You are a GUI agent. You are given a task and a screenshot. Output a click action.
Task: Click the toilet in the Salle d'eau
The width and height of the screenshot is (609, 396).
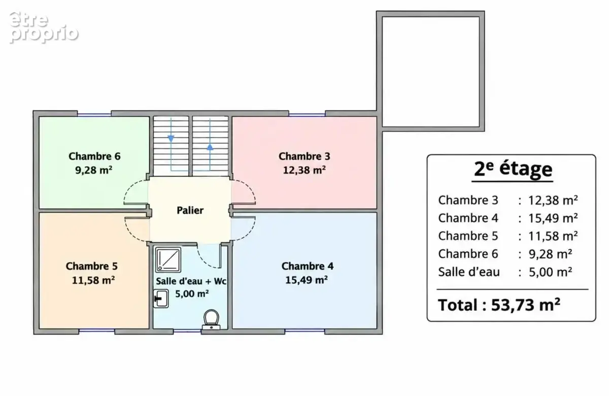(x=211, y=319)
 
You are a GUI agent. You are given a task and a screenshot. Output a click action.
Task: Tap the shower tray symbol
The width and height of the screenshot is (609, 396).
(x=168, y=260)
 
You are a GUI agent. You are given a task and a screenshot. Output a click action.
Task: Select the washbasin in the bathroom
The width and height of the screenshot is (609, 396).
(x=161, y=299)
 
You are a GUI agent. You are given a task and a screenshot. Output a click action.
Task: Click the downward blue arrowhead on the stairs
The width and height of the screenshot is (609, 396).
(x=171, y=139)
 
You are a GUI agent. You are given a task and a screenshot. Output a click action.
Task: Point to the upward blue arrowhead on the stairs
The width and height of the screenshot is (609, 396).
(x=210, y=147)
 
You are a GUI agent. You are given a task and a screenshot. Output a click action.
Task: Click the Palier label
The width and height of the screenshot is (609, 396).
(x=190, y=210)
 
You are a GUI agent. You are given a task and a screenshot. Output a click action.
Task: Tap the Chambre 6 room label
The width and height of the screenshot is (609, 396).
(x=94, y=156)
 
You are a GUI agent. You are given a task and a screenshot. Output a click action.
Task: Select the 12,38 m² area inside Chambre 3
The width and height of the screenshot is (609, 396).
(x=304, y=170)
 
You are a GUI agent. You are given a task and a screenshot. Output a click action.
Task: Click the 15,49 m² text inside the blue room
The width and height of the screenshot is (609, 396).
(x=307, y=280)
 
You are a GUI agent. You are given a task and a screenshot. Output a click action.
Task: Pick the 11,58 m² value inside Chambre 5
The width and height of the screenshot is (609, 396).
(x=93, y=280)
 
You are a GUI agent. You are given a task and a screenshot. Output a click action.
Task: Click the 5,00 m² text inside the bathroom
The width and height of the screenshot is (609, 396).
(x=192, y=294)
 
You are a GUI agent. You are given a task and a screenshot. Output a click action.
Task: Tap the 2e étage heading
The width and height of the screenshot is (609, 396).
(x=513, y=169)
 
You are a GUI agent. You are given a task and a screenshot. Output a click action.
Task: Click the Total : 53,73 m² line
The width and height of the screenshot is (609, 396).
(x=499, y=305)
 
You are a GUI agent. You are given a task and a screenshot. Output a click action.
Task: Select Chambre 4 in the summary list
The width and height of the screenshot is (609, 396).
(x=468, y=218)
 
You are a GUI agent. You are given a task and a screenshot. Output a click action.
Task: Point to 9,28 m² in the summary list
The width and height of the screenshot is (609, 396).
(x=550, y=254)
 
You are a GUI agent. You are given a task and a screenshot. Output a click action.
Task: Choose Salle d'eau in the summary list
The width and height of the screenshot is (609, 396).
(x=469, y=272)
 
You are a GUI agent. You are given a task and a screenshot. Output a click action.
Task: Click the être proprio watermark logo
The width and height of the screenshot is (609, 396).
(x=44, y=27)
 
